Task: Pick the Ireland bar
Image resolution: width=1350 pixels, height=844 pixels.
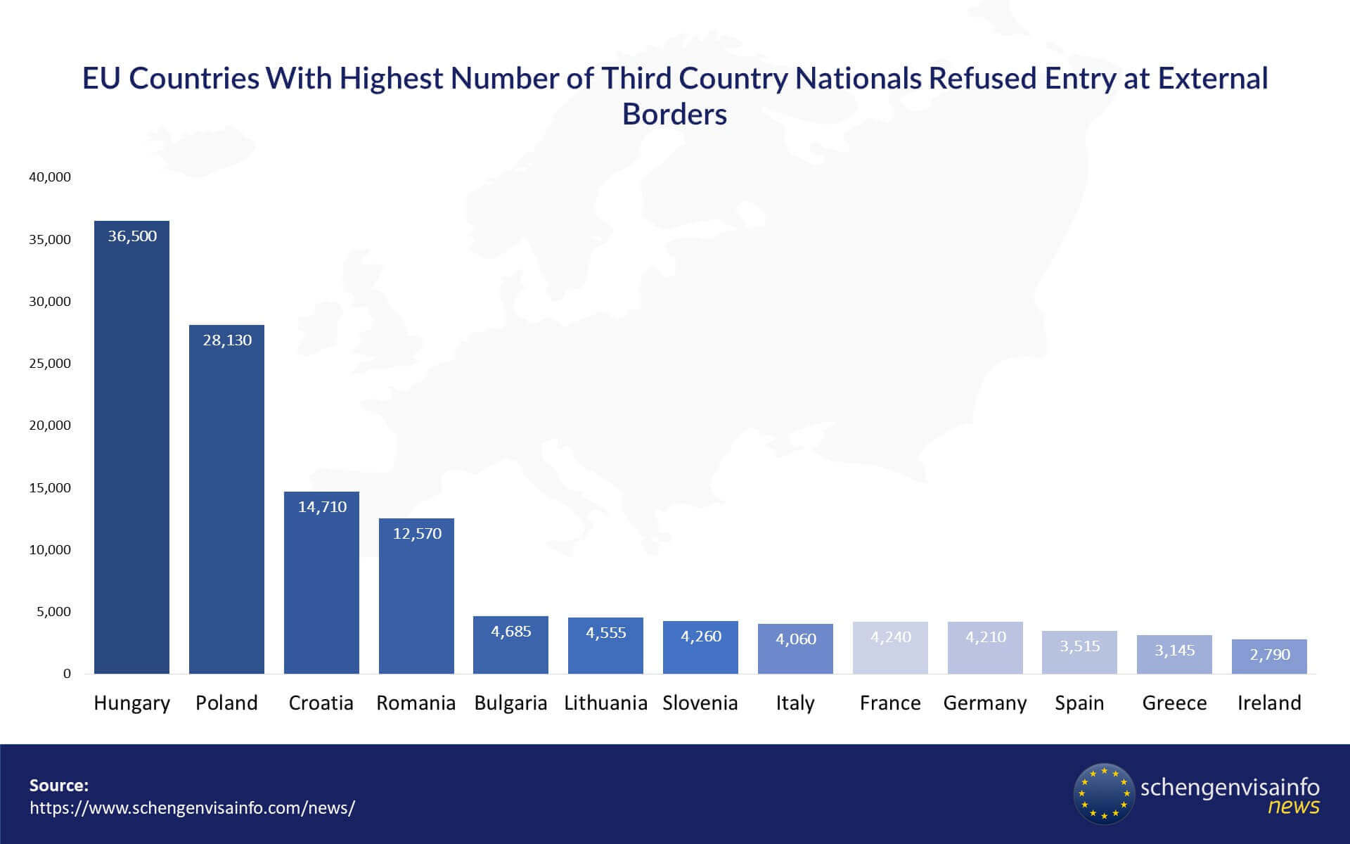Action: pos(1269,657)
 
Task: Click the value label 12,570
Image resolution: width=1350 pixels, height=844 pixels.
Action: pos(417,534)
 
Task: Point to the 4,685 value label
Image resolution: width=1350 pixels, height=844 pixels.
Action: pos(511,632)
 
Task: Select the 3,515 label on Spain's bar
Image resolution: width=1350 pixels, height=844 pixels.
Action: pos(1079,646)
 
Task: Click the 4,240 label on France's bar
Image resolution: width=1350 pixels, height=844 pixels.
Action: pos(890,637)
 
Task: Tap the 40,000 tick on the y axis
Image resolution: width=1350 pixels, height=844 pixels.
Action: pos(50,177)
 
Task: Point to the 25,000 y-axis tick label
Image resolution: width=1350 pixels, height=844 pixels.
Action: pos(50,364)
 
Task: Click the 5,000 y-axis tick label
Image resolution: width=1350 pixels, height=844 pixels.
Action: pos(53,612)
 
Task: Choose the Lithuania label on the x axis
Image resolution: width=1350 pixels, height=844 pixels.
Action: pos(605,703)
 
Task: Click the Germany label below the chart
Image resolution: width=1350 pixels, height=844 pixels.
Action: pos(984,703)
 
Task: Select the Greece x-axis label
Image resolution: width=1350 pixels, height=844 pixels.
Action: pos(1174,703)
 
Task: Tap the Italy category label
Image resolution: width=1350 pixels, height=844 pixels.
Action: pos(795,703)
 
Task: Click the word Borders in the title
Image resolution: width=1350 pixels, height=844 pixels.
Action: pos(674,115)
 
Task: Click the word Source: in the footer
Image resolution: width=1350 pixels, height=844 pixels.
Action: pos(59,786)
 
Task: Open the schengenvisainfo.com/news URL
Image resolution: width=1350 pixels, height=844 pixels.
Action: pos(192,807)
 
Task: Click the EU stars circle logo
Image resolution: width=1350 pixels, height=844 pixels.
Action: pos(1104,793)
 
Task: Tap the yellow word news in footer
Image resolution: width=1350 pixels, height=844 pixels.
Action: pos(1293,807)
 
